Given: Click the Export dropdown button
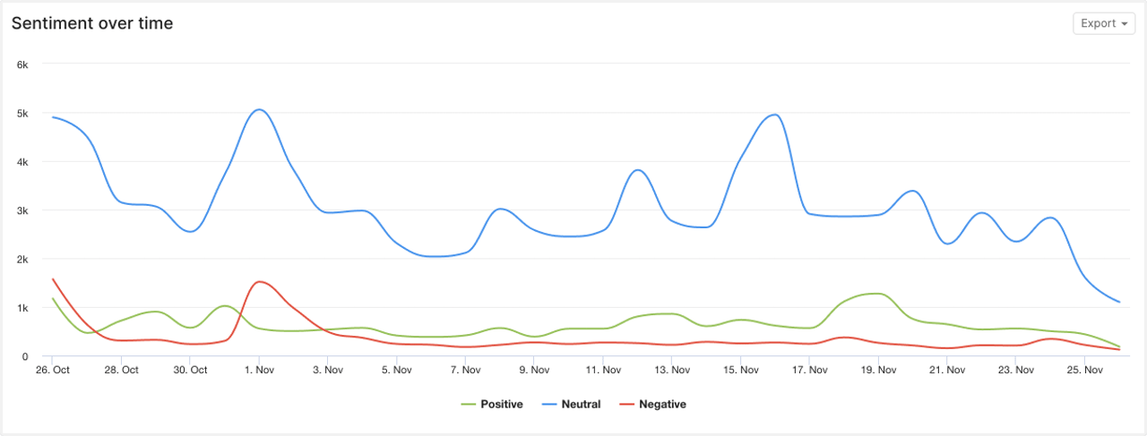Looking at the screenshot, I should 1103,23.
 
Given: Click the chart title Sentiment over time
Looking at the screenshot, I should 92,24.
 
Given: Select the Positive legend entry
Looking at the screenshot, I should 492,405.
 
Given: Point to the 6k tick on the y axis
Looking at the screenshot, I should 23,64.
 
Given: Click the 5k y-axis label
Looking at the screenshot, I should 23,114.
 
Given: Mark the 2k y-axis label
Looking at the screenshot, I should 23,260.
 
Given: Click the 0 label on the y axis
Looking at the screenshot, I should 26,356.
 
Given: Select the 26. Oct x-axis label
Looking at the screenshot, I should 53,370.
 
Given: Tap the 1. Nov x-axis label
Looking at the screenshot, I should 259,370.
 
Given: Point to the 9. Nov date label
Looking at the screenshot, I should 534,370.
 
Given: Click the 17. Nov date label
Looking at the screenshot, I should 809,370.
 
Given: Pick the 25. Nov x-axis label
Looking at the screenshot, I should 1084,370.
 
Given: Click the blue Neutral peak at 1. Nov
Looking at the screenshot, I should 259,109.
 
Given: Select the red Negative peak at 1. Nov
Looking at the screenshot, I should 259,282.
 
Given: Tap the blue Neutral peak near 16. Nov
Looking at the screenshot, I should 774,115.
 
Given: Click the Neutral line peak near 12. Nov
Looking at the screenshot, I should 637,170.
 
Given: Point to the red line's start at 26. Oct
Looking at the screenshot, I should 53,278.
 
